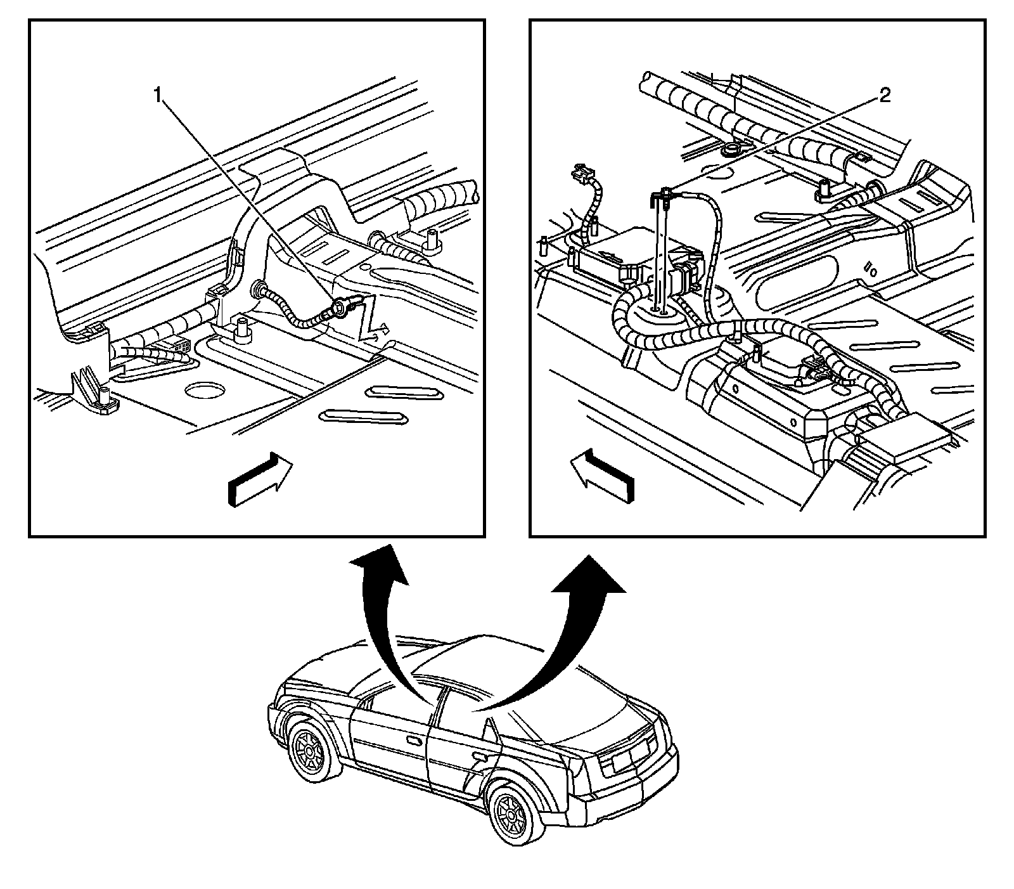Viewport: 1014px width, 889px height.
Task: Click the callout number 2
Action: [x=884, y=96]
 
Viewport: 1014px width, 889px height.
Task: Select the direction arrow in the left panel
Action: [x=260, y=479]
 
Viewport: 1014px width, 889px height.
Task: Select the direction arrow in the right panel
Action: [x=601, y=475]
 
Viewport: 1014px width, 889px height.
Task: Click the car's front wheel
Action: [x=310, y=752]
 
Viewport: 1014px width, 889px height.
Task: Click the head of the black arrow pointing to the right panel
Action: [x=589, y=573]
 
